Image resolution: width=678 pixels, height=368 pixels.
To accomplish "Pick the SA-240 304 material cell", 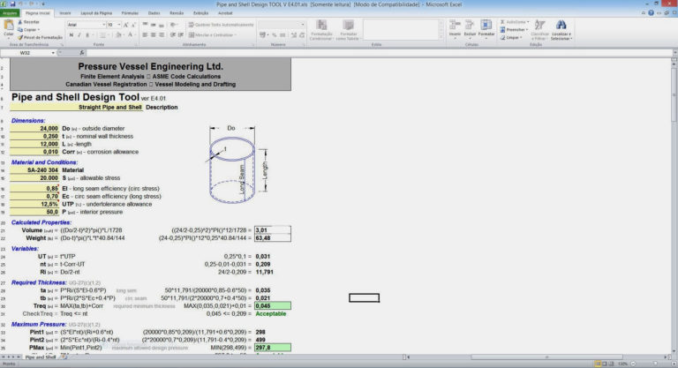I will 41,170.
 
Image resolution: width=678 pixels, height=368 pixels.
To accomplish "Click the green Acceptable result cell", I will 270,313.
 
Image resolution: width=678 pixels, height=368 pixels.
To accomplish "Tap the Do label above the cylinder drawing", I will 231,128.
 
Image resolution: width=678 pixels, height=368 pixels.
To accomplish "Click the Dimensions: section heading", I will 28,119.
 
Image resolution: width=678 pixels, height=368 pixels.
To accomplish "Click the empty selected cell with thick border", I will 363,297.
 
